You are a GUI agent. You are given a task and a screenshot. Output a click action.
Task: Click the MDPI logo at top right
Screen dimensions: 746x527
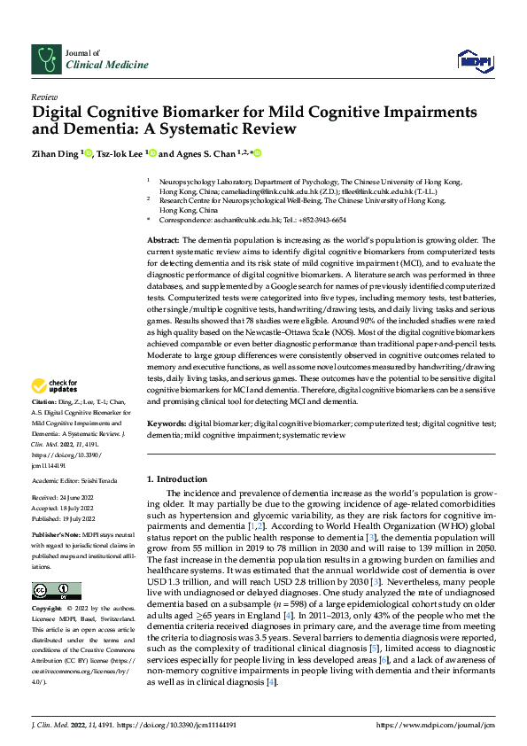[x=474, y=59]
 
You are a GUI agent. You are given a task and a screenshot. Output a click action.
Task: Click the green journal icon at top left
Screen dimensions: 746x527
[x=45, y=58]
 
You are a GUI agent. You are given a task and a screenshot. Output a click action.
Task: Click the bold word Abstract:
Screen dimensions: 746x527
[x=163, y=241]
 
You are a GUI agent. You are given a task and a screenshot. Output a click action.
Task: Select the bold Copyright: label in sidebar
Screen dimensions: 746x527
[x=47, y=610]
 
